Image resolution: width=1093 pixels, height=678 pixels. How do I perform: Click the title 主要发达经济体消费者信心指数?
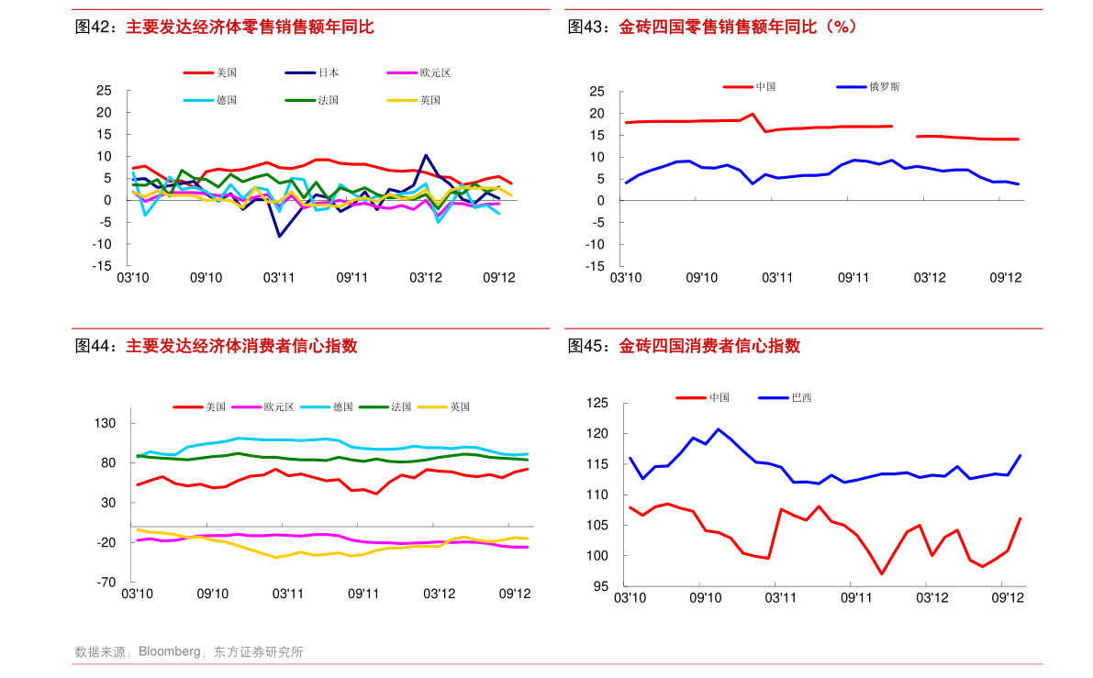(241, 347)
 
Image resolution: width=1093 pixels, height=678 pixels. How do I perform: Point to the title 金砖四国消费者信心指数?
(709, 347)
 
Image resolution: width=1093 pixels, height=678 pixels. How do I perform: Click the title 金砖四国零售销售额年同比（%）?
(738, 28)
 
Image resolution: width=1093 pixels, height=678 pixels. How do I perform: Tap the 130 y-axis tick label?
(104, 424)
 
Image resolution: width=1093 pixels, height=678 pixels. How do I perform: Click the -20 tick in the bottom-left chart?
(105, 542)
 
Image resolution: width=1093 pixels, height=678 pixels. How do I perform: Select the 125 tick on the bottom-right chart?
(597, 404)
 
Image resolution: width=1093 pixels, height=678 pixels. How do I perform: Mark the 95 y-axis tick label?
(601, 586)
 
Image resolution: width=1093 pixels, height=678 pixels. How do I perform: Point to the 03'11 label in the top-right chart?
(777, 277)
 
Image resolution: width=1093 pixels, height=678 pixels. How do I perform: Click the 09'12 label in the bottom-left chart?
(515, 594)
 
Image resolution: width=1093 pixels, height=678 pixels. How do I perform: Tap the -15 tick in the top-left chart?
(101, 266)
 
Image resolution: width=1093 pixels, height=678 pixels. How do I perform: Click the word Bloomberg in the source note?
(169, 652)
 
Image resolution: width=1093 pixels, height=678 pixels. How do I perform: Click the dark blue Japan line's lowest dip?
(280, 236)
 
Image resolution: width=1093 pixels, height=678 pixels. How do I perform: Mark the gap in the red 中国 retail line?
(904, 131)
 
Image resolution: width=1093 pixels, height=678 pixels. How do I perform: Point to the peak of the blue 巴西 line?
(718, 428)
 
